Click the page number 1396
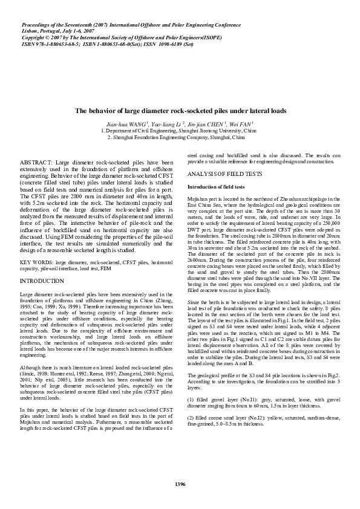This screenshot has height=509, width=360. coord(180,484)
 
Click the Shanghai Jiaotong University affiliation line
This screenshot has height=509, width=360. coord(180,131)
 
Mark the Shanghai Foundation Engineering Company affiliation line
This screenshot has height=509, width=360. coord(180,137)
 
